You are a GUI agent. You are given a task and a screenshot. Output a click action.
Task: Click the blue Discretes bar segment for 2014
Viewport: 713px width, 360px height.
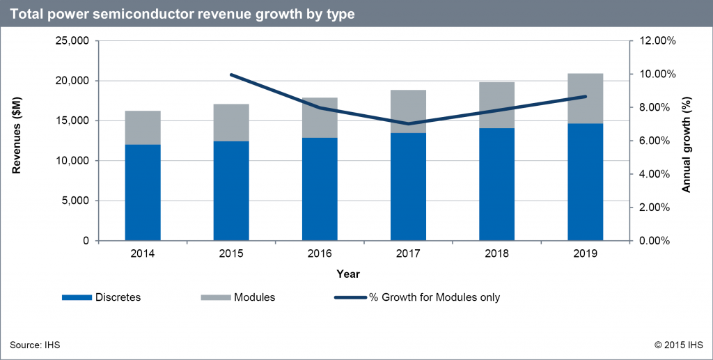pos(143,193)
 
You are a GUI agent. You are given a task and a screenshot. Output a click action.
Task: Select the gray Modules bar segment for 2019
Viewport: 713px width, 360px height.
pos(585,98)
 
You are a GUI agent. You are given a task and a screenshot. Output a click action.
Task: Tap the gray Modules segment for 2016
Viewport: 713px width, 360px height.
pos(320,118)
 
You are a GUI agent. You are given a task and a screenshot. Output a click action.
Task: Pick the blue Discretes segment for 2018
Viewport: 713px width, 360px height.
pos(496,185)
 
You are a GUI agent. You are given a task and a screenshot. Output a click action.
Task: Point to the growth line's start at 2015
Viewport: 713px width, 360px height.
pos(230,75)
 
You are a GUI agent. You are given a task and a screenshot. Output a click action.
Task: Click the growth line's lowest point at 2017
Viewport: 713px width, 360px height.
pos(408,124)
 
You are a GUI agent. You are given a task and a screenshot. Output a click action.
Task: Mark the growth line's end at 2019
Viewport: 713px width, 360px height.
pos(585,97)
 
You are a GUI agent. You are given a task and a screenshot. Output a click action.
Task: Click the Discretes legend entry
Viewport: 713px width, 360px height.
pos(102,297)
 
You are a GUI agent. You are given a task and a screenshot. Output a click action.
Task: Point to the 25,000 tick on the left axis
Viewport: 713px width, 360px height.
pos(70,41)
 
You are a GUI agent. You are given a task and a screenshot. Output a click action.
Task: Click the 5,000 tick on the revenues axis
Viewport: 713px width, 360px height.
pos(75,201)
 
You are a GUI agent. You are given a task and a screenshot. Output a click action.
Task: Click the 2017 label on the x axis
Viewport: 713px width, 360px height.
pos(408,255)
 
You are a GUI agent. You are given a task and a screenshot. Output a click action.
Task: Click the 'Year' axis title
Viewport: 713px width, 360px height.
pos(348,274)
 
